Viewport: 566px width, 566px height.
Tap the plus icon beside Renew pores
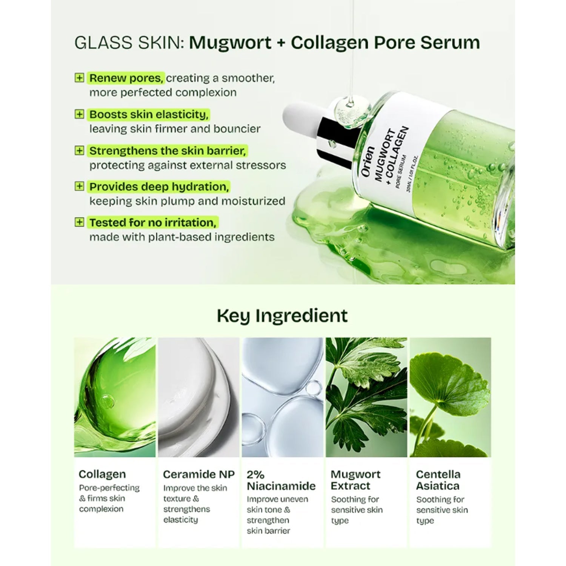point(79,78)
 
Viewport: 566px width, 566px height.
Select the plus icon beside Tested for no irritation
point(79,222)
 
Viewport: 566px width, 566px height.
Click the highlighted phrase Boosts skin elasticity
point(149,114)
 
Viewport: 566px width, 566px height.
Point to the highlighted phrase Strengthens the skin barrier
point(168,151)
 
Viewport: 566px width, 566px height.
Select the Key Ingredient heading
point(282,316)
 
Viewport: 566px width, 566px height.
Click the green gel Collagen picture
point(115,397)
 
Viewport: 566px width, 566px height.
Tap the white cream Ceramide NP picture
point(198,397)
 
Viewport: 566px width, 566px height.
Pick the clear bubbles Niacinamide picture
point(283,397)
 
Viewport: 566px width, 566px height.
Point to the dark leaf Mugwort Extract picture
point(366,397)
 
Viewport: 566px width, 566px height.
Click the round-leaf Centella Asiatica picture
point(451,397)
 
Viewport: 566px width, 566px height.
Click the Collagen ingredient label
point(102,474)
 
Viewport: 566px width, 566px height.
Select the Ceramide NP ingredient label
point(199,474)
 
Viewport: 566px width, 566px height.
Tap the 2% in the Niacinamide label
point(255,474)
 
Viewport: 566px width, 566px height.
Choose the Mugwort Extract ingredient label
point(356,480)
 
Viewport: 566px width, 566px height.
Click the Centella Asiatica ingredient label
point(438,480)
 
